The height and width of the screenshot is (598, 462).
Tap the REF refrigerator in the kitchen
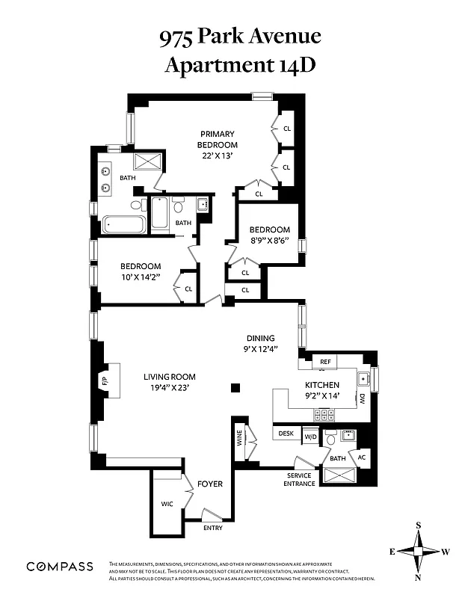click(x=324, y=362)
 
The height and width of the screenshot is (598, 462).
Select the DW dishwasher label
click(x=362, y=398)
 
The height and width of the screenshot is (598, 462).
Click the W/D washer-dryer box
click(x=309, y=435)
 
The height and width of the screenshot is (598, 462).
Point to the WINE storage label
click(x=240, y=436)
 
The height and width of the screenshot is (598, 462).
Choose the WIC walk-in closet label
click(x=167, y=504)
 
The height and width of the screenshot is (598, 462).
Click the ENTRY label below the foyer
click(x=213, y=528)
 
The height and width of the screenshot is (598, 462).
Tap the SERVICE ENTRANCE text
click(x=299, y=479)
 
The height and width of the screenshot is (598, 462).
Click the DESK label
click(x=286, y=434)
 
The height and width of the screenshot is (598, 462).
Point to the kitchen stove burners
click(x=324, y=413)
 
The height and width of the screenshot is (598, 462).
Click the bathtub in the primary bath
click(x=124, y=224)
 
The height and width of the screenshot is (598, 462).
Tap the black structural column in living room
click(x=236, y=387)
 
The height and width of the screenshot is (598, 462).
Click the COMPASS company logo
click(x=60, y=567)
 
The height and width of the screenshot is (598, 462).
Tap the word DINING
click(x=261, y=338)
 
